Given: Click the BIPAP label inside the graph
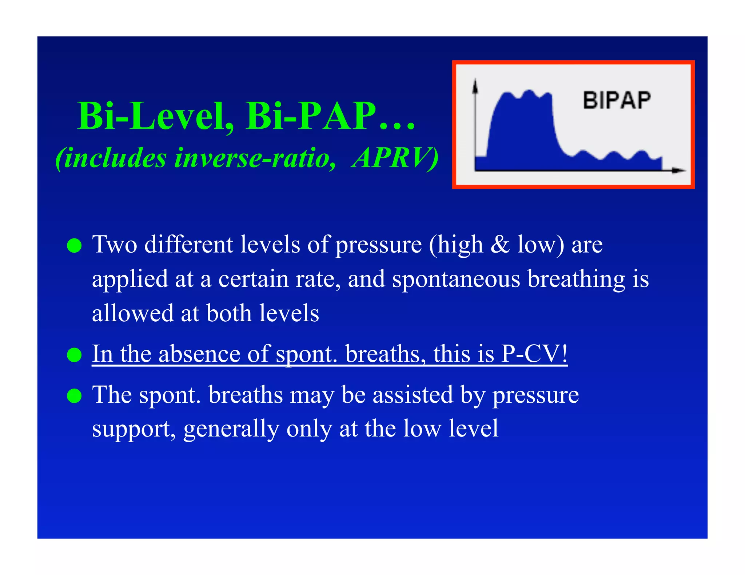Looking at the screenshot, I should [x=617, y=100].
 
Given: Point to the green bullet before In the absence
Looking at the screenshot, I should [x=75, y=355].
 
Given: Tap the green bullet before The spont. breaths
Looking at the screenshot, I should [x=75, y=395].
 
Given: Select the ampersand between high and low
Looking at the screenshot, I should [x=500, y=245].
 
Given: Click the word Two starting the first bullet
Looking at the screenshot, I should [x=115, y=245].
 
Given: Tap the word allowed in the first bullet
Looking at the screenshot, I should [x=133, y=313].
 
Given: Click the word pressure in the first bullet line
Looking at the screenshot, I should [x=378, y=245].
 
